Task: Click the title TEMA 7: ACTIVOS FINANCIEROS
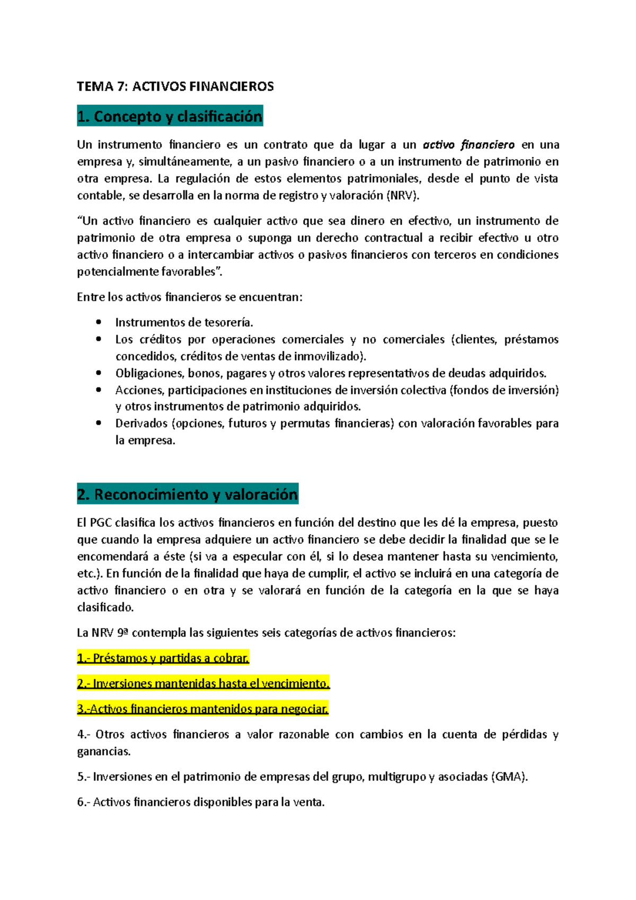[x=175, y=86]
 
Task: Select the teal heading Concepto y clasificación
[x=170, y=117]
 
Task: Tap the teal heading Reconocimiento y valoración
[x=188, y=495]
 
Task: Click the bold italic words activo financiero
[x=469, y=145]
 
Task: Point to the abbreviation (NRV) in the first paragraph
[x=403, y=196]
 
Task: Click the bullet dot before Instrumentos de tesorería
[x=98, y=322]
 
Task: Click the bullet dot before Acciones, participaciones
[x=98, y=390]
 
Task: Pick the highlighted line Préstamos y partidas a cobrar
[x=163, y=658]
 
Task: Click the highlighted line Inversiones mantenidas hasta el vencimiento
[x=203, y=684]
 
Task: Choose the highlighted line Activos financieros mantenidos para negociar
[x=202, y=709]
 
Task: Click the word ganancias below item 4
[x=103, y=752]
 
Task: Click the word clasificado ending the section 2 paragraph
[x=105, y=607]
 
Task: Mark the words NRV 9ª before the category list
[x=110, y=633]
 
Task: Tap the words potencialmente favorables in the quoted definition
[x=146, y=272]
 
